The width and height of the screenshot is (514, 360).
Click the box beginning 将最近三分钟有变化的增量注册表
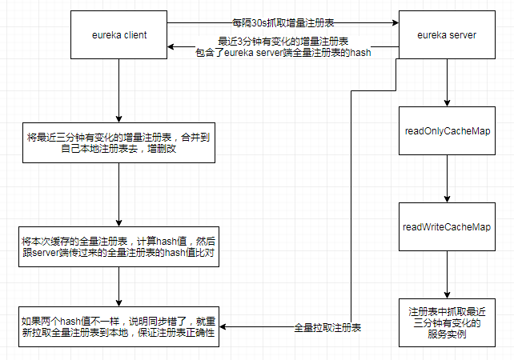coord(118,143)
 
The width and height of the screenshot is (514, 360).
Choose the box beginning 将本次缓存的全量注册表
coord(118,244)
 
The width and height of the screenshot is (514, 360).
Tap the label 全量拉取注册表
coord(328,328)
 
